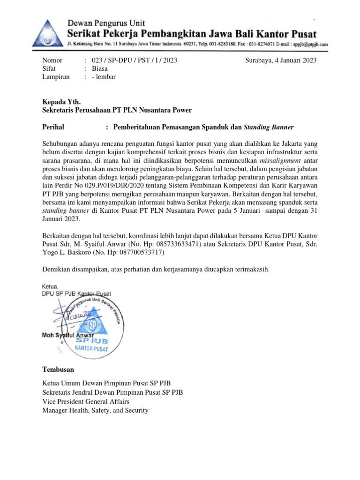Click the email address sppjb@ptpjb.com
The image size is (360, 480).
pyautogui.click(x=310, y=44)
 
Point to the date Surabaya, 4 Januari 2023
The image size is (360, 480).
pyautogui.click(x=281, y=60)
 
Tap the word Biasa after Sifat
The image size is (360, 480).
pyautogui.click(x=100, y=68)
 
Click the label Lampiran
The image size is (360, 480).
pyautogui.click(x=56, y=77)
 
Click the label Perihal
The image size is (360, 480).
pyautogui.click(x=53, y=127)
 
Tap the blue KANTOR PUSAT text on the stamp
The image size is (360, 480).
pyautogui.click(x=92, y=349)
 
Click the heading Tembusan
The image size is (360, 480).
pyautogui.click(x=58, y=369)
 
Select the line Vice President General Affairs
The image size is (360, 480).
pyautogui.click(x=86, y=402)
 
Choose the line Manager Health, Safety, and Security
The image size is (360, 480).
pyautogui.click(x=95, y=410)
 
